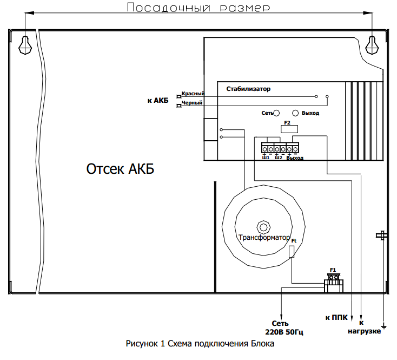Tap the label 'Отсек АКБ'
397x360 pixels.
click(120, 169)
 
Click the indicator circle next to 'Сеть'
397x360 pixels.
click(276, 113)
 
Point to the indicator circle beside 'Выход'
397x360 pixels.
click(295, 113)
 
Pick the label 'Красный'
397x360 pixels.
click(193, 94)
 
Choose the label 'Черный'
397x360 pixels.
click(192, 102)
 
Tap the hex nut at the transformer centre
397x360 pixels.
click(263, 226)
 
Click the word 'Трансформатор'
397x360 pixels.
click(264, 237)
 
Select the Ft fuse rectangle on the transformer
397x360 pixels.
click(292, 251)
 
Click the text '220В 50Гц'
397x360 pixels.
click(281, 331)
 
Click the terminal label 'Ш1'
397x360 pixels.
click(266, 158)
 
